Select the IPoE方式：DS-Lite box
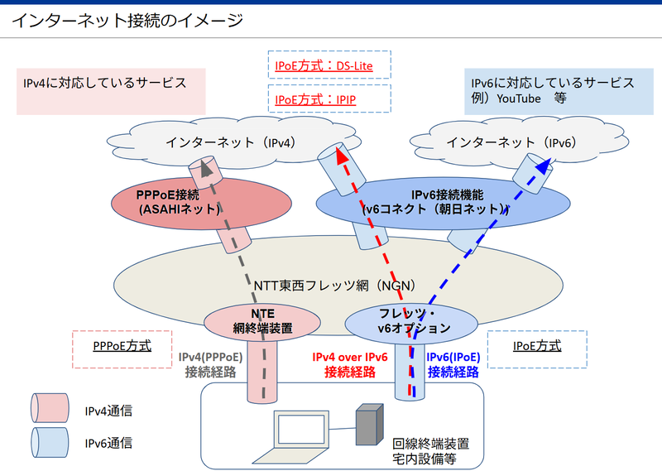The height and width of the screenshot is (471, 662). click(x=329, y=64)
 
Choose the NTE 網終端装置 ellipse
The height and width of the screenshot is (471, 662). click(x=262, y=321)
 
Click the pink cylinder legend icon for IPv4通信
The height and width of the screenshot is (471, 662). click(x=50, y=410)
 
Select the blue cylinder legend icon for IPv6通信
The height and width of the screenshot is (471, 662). click(x=50, y=443)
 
